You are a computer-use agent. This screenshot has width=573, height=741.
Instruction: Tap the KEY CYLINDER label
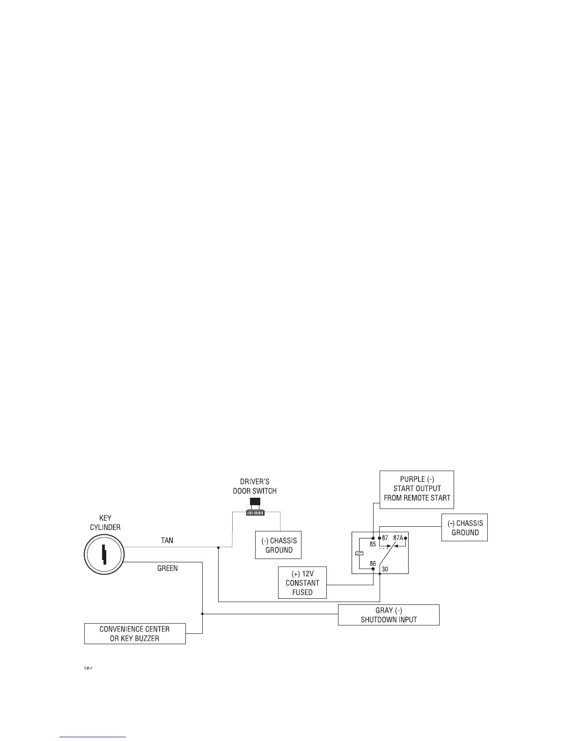[105, 523]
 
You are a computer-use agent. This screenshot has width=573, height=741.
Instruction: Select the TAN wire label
[167, 540]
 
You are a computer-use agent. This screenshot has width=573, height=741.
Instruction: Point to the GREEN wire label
[167, 568]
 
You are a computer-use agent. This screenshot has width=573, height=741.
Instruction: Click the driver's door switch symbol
[255, 508]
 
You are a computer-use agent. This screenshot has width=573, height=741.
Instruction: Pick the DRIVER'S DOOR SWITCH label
[255, 486]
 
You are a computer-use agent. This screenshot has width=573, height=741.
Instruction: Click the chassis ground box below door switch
[279, 545]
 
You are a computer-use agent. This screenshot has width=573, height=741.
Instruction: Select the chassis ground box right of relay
[464, 528]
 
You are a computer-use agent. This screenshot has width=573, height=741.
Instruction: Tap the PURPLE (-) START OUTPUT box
[417, 489]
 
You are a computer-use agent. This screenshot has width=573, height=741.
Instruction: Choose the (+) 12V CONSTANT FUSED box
[302, 583]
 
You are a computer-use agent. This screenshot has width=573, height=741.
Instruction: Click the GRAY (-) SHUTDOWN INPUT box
[389, 615]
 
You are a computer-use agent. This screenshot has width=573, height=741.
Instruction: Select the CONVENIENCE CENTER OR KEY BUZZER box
[135, 633]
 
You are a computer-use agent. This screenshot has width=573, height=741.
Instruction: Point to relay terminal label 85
[373, 545]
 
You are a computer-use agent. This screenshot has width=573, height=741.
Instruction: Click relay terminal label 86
[373, 563]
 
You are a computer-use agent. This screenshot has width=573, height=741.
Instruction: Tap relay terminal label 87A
[398, 538]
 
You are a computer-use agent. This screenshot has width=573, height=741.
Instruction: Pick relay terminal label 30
[385, 569]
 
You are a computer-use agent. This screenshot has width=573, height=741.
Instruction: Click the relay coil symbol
[359, 553]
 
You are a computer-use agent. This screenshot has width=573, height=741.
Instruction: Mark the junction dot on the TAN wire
[219, 547]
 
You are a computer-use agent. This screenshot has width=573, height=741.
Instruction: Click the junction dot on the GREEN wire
[202, 613]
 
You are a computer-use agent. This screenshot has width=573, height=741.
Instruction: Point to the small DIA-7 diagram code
[88, 669]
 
